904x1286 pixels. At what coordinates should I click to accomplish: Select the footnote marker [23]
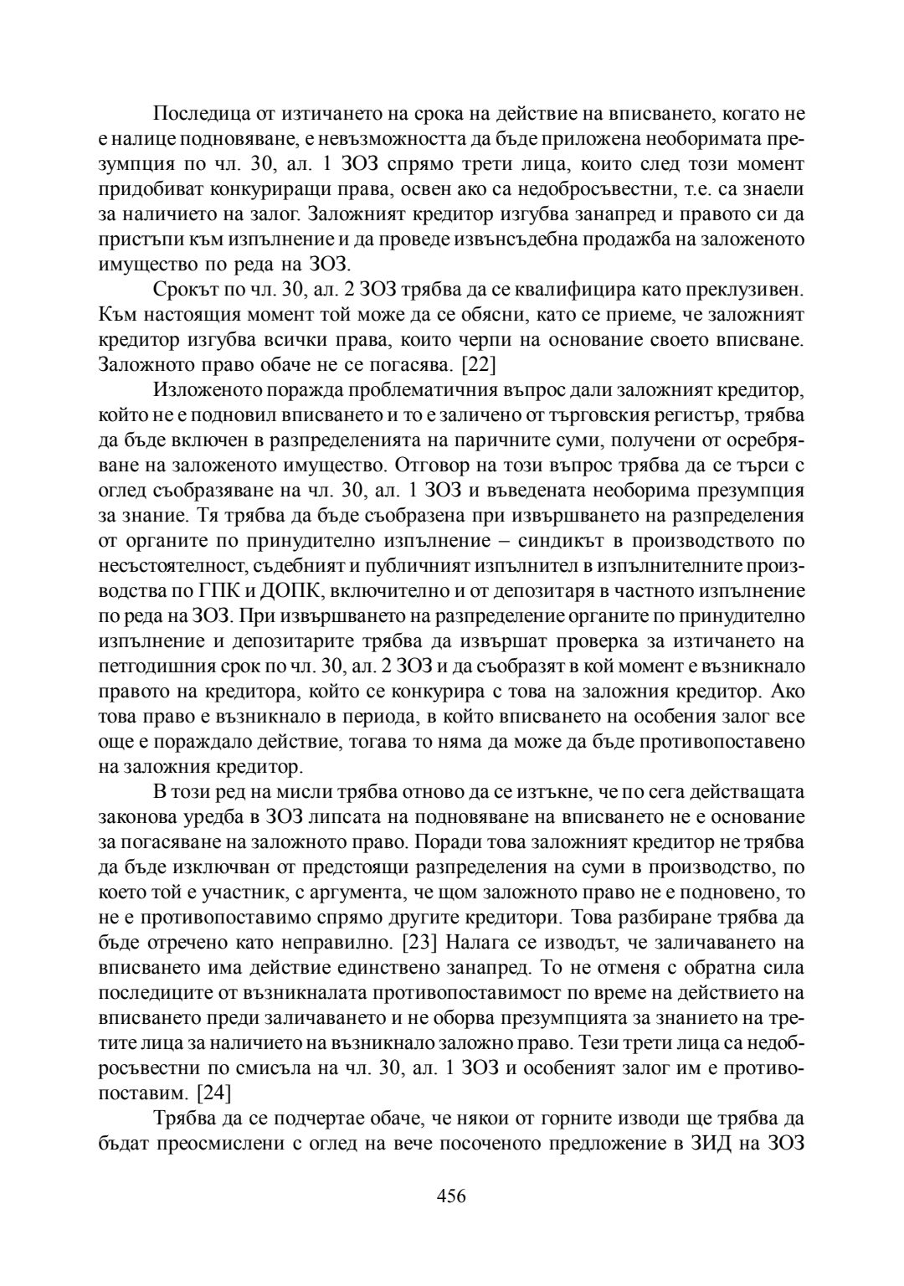coord(416,942)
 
